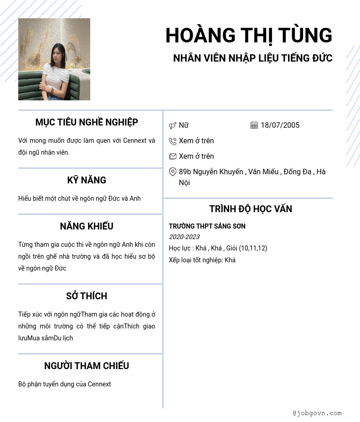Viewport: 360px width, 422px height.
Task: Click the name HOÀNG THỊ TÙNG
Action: (249, 36)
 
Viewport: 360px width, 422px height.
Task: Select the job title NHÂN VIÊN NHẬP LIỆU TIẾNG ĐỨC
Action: (252, 58)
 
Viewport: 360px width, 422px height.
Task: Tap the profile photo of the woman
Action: (54, 59)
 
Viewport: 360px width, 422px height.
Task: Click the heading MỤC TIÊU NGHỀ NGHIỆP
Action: (87, 122)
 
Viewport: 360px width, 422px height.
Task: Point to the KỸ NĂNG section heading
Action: (87, 180)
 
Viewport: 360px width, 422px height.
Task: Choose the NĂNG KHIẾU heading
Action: (87, 226)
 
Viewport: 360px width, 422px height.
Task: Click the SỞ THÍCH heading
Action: (87, 296)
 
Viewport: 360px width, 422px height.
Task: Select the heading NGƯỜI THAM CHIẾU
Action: (87, 366)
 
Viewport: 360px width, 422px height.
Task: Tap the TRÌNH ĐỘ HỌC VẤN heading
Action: (251, 209)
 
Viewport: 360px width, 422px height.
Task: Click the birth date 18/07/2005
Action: (280, 125)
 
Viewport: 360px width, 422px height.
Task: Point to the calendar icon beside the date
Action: (254, 125)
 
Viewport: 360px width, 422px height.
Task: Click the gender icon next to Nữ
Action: (173, 125)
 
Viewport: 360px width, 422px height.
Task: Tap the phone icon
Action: (173, 141)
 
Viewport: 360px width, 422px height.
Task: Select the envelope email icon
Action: (173, 156)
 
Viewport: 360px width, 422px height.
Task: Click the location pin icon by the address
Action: (173, 172)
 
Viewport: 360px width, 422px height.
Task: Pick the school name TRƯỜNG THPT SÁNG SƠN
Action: (207, 226)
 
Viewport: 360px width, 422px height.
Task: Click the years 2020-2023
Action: (184, 237)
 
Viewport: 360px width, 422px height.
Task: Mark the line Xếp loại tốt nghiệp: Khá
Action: (202, 260)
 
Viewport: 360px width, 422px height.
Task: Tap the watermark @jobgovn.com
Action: (317, 413)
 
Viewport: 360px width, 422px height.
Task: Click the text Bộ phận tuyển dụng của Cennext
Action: (65, 384)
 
